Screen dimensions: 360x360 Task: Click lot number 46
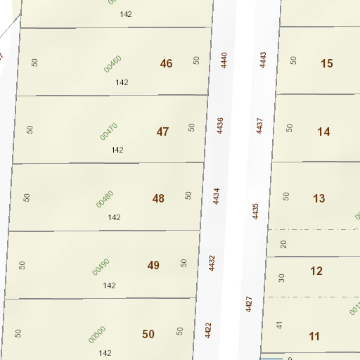(x=166, y=63)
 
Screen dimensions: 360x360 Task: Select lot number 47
(x=162, y=131)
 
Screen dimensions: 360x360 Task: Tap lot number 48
(x=158, y=198)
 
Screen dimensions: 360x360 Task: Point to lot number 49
(x=153, y=265)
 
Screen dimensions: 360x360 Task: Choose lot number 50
(x=148, y=334)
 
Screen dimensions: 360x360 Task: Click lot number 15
(x=326, y=64)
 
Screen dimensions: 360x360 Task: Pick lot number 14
(x=323, y=131)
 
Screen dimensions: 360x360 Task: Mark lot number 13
(x=319, y=198)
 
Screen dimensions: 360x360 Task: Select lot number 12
(x=316, y=271)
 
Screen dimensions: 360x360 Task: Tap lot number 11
(x=314, y=336)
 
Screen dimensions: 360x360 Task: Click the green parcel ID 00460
(x=112, y=63)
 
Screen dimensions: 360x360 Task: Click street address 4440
(x=224, y=60)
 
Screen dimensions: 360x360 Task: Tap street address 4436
(x=220, y=126)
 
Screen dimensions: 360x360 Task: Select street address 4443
(x=264, y=59)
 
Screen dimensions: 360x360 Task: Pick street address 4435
(x=255, y=210)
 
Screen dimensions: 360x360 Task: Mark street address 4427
(x=249, y=304)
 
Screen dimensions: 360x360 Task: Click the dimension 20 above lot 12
(x=284, y=245)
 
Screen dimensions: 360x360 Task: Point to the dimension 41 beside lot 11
(x=279, y=325)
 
